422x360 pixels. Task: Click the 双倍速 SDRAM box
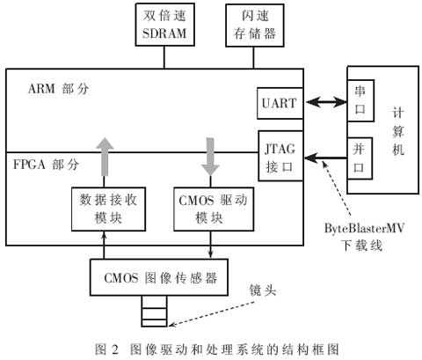click(x=165, y=25)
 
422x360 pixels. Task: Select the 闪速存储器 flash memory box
click(x=255, y=26)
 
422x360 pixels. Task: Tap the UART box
click(x=280, y=103)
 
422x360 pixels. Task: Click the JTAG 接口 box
click(x=280, y=156)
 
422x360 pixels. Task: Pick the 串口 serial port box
click(x=360, y=100)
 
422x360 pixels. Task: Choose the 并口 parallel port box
click(x=360, y=158)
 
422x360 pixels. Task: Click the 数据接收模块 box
click(x=108, y=209)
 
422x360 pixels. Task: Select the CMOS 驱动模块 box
click(x=214, y=209)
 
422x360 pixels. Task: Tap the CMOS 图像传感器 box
click(x=159, y=277)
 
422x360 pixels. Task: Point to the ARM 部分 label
click(x=58, y=88)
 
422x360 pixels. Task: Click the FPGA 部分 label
click(x=46, y=164)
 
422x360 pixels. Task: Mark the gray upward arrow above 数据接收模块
click(x=105, y=157)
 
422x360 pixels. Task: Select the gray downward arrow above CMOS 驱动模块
click(x=210, y=157)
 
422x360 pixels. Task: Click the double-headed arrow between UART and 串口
click(x=325, y=102)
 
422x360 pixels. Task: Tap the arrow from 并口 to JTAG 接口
click(x=325, y=158)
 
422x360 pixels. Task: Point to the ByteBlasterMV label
click(x=364, y=228)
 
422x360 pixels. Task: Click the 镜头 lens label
click(x=263, y=290)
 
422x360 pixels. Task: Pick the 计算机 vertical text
click(x=398, y=131)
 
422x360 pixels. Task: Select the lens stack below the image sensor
click(x=154, y=311)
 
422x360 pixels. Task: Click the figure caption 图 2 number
click(x=106, y=349)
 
